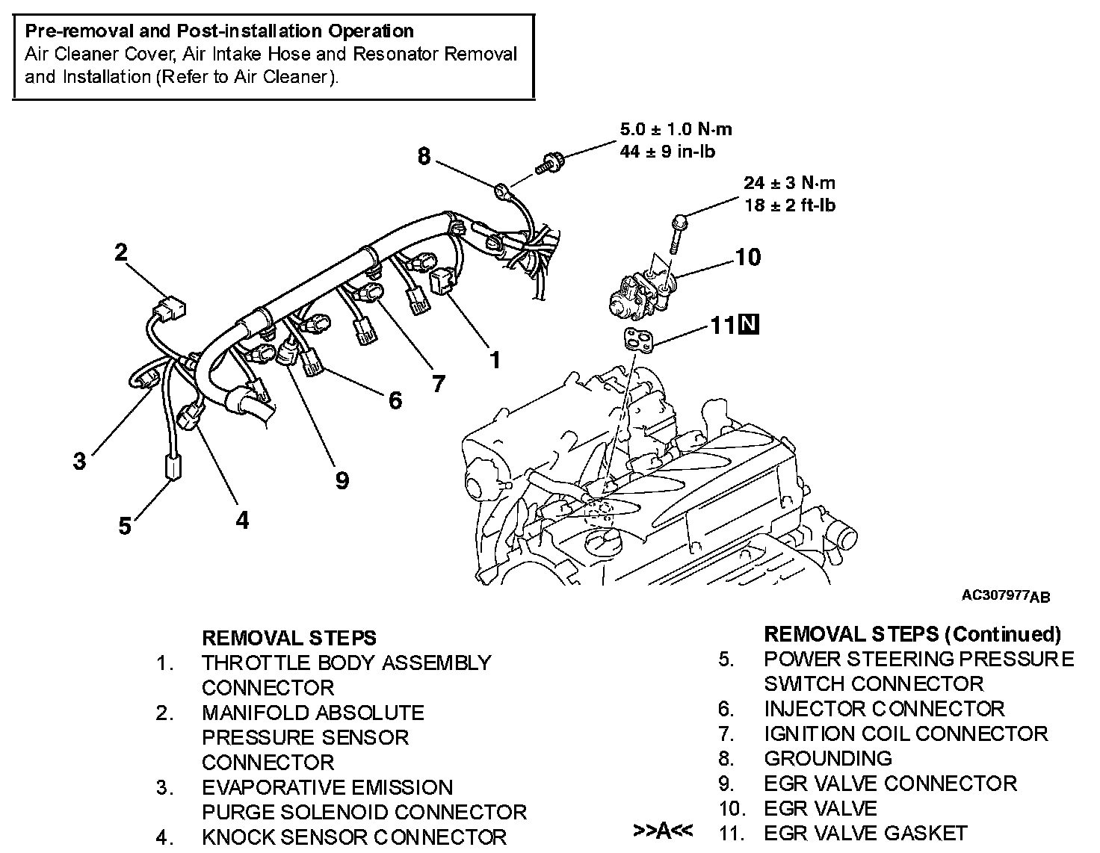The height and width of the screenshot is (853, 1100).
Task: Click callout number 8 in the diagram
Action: pos(424,157)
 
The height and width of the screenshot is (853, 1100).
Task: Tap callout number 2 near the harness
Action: pos(121,252)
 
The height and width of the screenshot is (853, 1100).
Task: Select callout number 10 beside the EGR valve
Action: pos(747,258)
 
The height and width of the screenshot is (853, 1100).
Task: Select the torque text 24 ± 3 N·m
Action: pos(789,183)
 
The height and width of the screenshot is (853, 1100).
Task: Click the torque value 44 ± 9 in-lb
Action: pos(667,152)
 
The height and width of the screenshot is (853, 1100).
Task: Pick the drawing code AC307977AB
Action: pos(1006,596)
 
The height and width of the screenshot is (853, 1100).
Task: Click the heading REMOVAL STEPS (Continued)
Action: pos(912,634)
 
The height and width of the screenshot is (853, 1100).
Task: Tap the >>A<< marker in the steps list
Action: pos(662,831)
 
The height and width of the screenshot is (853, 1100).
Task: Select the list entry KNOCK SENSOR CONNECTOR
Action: pos(353,837)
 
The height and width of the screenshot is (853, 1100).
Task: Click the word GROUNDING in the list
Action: pos(827,758)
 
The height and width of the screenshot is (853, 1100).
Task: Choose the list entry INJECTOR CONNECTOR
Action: pos(884,708)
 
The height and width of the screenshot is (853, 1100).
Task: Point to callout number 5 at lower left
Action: pos(125,526)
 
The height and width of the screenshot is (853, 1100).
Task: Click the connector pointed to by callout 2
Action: pos(169,307)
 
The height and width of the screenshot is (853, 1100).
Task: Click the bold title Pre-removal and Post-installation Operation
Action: pos(219,31)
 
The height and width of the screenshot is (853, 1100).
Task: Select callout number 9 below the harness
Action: pos(342,480)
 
